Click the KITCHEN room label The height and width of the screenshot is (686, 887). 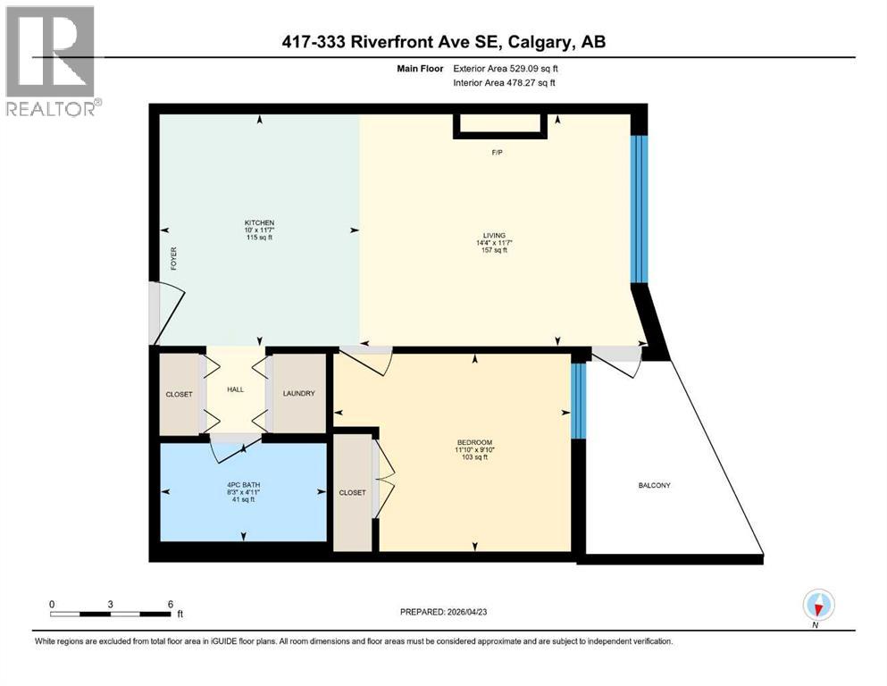coord(259,222)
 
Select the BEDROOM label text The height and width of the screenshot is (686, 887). coord(473,441)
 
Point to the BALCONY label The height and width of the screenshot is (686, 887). coord(654,485)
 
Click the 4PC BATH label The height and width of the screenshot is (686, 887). coord(242,485)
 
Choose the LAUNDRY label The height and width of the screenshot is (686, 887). coord(298,394)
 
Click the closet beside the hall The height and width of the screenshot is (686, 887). coord(179,394)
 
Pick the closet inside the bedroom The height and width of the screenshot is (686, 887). coord(352,492)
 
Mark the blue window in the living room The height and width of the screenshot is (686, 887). coord(638,209)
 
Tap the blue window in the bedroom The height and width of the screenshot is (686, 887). coord(579,400)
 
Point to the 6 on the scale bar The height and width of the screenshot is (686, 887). coord(170,604)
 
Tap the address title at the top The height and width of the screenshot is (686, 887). coord(443,42)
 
